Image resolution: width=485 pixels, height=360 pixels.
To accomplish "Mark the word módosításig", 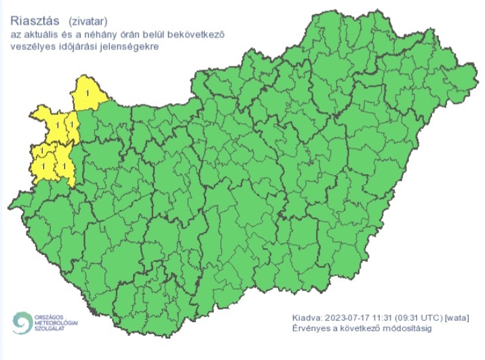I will pos(406,329).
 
